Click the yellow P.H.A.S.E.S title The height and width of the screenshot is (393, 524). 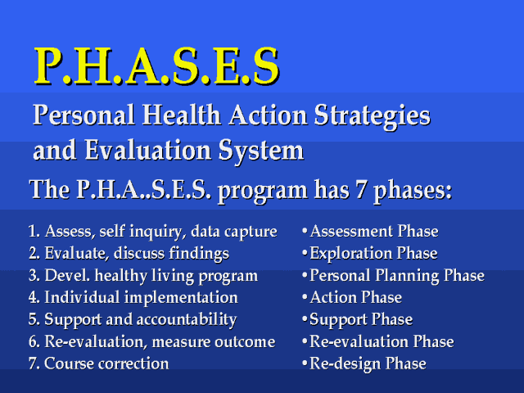[x=156, y=65]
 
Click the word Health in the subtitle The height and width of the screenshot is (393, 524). [x=182, y=115]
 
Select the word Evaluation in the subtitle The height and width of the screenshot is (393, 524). [x=147, y=150]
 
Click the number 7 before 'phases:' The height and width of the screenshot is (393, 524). [x=360, y=189]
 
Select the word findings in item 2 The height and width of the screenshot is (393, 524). [x=199, y=254]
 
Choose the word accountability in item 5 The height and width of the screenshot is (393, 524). [x=187, y=320]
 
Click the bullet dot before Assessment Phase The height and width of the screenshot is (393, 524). [x=305, y=231]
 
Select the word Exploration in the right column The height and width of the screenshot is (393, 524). [x=350, y=254]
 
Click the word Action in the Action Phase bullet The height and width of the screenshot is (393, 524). [x=333, y=298]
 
